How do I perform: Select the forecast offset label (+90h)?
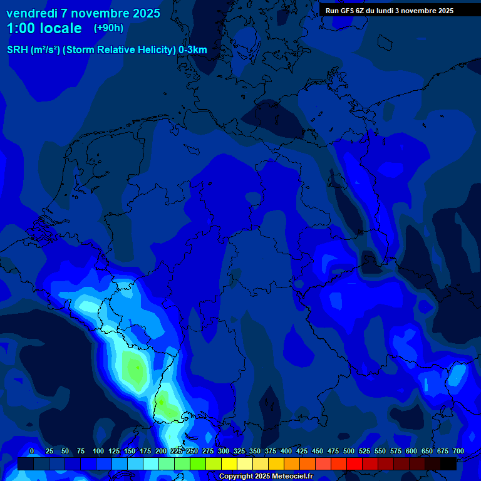pos(108,28)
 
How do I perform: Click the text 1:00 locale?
pos(44,28)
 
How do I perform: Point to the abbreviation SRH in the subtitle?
pos(18,50)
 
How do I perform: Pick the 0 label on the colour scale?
pos(32,451)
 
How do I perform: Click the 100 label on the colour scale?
pos(98,451)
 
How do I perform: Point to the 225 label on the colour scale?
pos(177,451)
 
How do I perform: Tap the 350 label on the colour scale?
pos(255,451)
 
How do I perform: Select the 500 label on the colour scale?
pos(349,451)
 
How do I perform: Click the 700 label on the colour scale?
pos(458,451)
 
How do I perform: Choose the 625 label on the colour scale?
pos(427,451)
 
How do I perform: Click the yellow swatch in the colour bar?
pos(229,463)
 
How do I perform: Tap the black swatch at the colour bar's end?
pos(448,463)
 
